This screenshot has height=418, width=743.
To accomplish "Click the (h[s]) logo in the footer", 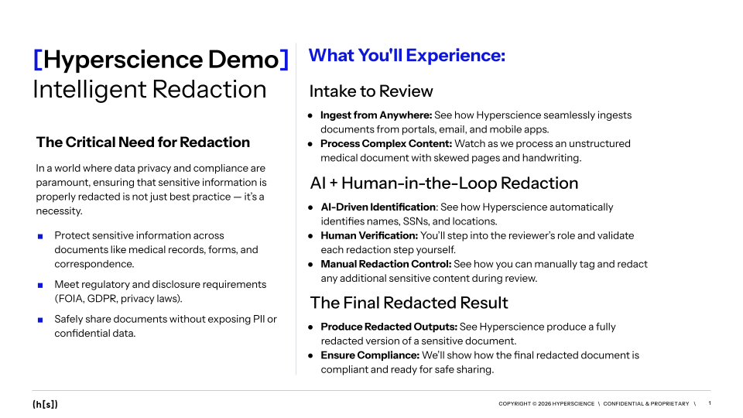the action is tap(45, 404).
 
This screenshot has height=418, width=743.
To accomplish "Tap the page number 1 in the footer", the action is tap(710, 403).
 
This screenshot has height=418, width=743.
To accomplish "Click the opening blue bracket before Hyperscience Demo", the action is tap(38, 60).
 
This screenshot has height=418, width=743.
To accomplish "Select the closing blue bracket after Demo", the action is tap(284, 60).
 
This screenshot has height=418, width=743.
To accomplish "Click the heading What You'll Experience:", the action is tap(407, 56).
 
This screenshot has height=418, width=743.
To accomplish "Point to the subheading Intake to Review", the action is tap(371, 91).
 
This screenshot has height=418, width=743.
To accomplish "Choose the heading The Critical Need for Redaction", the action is tap(143, 142).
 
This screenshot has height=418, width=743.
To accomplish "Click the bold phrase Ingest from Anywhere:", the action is tap(376, 115).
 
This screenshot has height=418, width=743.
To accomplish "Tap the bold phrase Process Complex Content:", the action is tap(386, 144).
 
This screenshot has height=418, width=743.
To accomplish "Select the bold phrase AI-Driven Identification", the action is tap(378, 207).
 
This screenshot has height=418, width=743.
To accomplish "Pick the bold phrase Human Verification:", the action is tap(369, 235).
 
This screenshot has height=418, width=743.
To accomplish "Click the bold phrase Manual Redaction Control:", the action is tap(386, 264).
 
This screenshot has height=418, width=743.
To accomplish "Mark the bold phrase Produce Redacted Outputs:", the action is tap(389, 327).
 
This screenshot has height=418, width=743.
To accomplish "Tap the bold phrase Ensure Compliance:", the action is tap(370, 355).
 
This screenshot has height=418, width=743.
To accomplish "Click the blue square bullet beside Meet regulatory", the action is tap(40, 286).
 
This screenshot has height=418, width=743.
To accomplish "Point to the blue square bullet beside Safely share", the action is tap(40, 320).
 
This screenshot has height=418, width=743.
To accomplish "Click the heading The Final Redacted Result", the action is tap(409, 303).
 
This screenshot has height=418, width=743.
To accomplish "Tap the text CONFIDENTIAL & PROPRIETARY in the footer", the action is tap(645, 404).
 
